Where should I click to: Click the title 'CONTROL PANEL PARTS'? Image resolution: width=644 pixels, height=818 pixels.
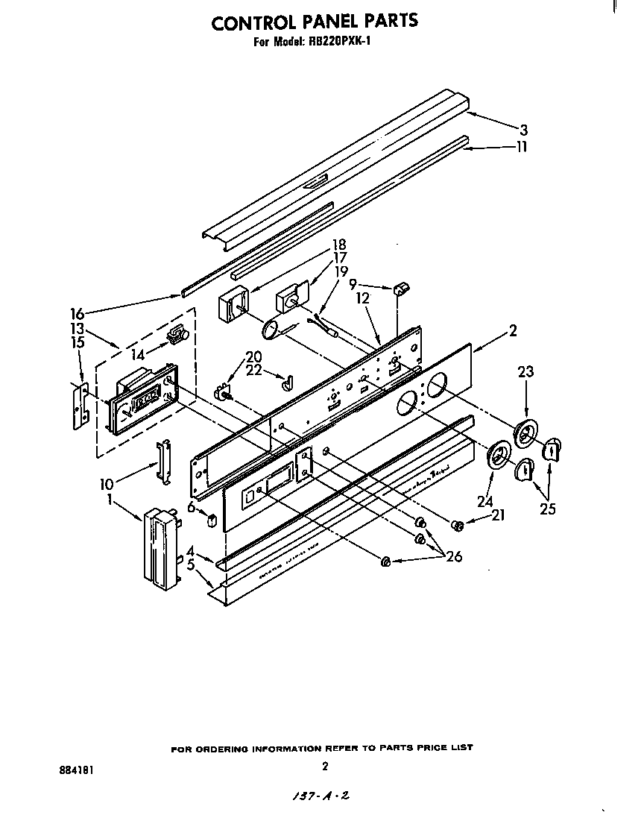coord(314,22)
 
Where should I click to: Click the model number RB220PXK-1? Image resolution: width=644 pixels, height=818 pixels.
coord(340,43)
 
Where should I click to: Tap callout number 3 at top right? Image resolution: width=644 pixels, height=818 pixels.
coord(524,130)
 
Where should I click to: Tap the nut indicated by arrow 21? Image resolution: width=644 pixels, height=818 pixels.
coord(458,526)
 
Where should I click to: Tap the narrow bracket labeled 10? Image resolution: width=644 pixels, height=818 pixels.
coord(162,462)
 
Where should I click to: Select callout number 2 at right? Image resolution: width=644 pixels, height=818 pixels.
coord(513,330)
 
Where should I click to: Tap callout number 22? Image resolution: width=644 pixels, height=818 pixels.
coord(254,371)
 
